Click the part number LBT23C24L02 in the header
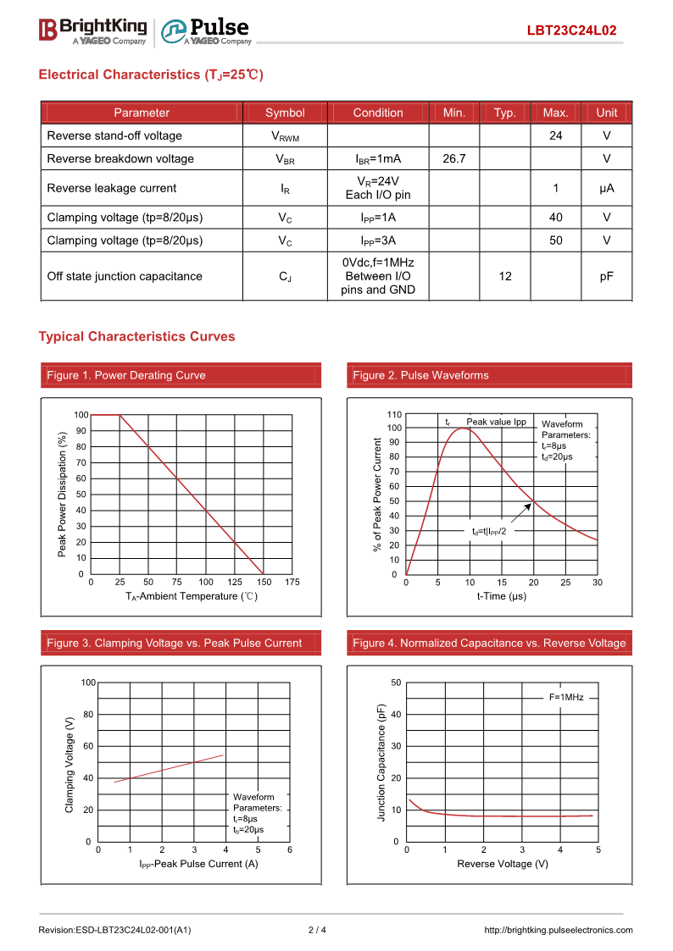571,30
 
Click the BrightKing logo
92,30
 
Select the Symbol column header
285,113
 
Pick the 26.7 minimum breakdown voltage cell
454,158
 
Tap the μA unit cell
606,188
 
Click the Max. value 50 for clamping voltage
555,241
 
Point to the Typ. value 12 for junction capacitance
505,276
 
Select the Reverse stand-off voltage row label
114,135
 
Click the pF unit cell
606,276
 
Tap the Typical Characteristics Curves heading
136,336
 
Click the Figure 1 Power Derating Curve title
126,375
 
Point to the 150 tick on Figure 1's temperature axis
264,583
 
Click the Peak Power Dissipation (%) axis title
62,495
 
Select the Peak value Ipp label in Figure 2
496,422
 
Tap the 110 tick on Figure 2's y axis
394,414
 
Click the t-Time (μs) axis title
501,596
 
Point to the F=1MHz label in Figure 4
565,697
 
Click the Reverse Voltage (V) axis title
502,864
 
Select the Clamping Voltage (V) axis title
70,765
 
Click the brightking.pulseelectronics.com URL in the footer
558,930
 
